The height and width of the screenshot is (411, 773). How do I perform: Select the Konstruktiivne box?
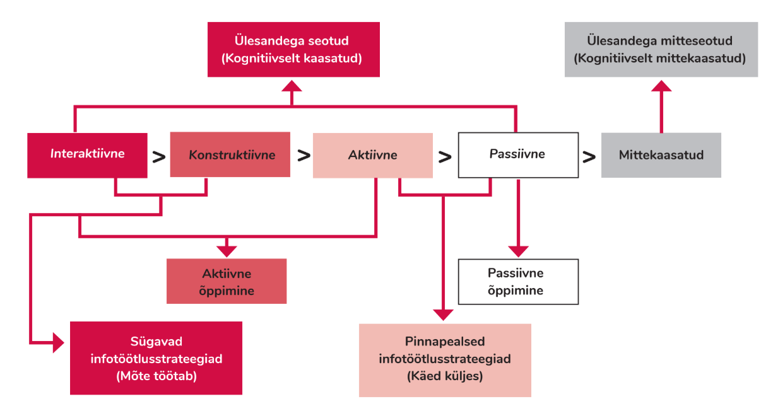tap(230, 154)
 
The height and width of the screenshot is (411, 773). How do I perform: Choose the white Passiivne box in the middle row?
tap(517, 154)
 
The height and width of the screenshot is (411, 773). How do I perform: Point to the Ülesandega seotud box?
tap(293, 50)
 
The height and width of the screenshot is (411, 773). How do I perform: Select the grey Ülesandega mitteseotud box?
tap(661, 50)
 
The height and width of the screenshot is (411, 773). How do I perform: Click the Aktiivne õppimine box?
tap(227, 282)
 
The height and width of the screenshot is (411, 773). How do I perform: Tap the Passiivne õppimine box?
tap(517, 282)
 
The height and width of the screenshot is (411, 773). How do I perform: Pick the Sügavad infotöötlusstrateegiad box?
tap(156, 358)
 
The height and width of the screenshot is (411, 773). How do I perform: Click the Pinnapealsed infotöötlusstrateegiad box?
tap(445, 360)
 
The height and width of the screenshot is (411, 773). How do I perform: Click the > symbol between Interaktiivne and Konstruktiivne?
tap(159, 156)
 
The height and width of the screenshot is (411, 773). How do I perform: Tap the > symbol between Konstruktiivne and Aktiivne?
tap(304, 155)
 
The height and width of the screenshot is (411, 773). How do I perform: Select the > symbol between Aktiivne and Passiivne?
tap(445, 157)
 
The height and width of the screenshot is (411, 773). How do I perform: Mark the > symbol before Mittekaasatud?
tap(589, 157)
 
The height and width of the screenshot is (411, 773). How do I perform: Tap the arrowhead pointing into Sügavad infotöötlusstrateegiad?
tap(59, 344)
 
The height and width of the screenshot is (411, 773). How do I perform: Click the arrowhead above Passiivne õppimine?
tap(517, 250)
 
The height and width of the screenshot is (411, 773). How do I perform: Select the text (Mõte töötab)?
tap(156, 376)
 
